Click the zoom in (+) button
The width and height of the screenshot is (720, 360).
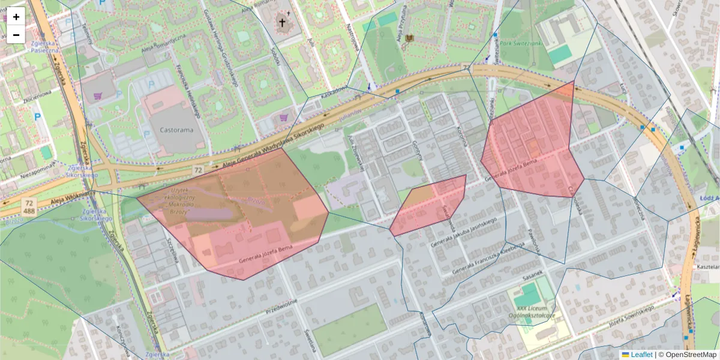click(16, 16)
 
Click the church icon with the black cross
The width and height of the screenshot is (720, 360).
click(283, 23)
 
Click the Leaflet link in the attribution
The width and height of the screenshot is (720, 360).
click(641, 355)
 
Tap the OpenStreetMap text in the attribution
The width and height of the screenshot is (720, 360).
click(690, 355)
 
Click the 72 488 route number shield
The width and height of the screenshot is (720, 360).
click(29, 208)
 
